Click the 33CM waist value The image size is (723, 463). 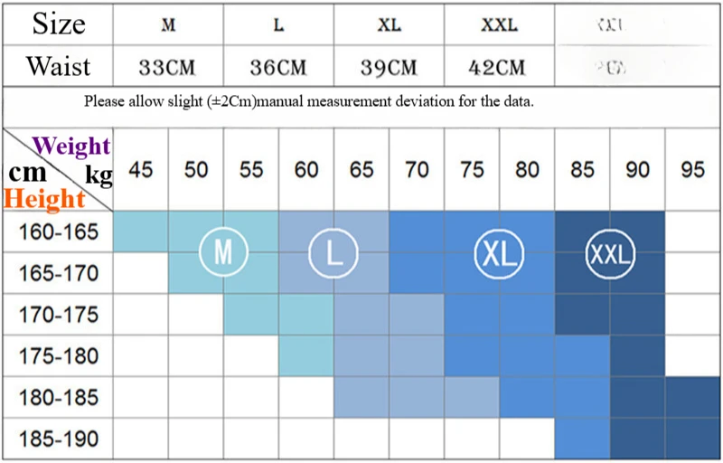168,66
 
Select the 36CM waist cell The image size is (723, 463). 278,66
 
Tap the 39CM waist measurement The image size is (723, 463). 390,66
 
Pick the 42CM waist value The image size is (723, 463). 498,66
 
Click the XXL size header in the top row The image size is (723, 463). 499,24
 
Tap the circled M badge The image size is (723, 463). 223,252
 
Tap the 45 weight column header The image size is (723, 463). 141,170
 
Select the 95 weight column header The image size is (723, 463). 692,170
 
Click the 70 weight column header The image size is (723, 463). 417,170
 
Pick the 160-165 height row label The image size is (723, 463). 58,232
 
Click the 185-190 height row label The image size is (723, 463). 58,440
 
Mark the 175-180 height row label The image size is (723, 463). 58,356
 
